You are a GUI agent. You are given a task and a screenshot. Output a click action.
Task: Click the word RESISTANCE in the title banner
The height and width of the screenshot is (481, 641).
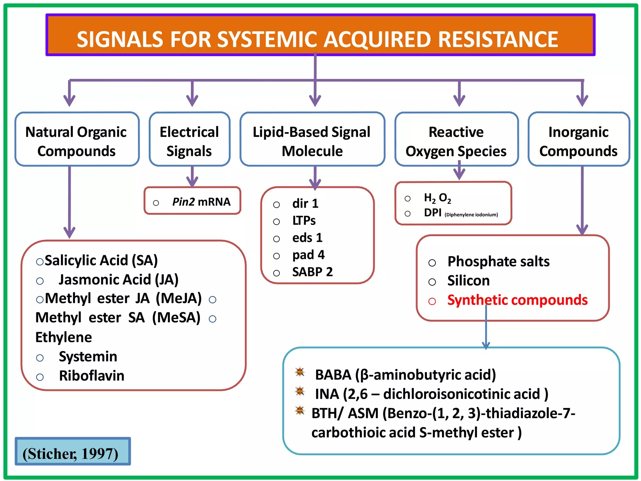[x=498, y=39]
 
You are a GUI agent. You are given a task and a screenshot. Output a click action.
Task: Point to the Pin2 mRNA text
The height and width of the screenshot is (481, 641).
[x=201, y=202]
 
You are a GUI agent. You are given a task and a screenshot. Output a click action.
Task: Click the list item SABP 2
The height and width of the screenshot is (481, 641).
[x=312, y=272]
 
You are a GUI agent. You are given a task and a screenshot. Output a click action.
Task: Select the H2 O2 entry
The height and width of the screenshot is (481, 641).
[x=437, y=198]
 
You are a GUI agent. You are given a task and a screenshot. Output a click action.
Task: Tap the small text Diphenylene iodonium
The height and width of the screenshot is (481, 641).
[x=471, y=215]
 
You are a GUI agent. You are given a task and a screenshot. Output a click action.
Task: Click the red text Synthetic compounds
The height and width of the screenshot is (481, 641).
[x=517, y=300]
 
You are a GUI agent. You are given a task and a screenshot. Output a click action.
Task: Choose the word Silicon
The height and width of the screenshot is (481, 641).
[x=468, y=281]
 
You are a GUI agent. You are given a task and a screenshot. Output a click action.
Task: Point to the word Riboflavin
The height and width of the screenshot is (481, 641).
[x=91, y=376]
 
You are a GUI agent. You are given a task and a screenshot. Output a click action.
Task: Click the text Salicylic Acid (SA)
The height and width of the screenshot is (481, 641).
[x=101, y=261]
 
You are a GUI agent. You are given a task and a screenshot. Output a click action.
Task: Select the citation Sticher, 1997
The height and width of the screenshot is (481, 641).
[x=70, y=453]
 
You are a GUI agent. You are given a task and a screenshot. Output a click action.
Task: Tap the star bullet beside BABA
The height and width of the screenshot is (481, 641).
[x=300, y=372]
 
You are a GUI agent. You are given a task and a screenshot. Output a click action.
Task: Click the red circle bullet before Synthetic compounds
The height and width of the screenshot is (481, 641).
[x=432, y=301]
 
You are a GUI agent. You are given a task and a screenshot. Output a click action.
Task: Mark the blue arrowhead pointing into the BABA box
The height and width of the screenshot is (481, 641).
[x=486, y=345]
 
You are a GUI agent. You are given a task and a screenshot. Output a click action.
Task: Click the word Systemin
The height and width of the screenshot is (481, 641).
[x=88, y=357]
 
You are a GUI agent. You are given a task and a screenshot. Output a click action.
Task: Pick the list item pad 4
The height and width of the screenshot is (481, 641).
[x=308, y=255]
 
